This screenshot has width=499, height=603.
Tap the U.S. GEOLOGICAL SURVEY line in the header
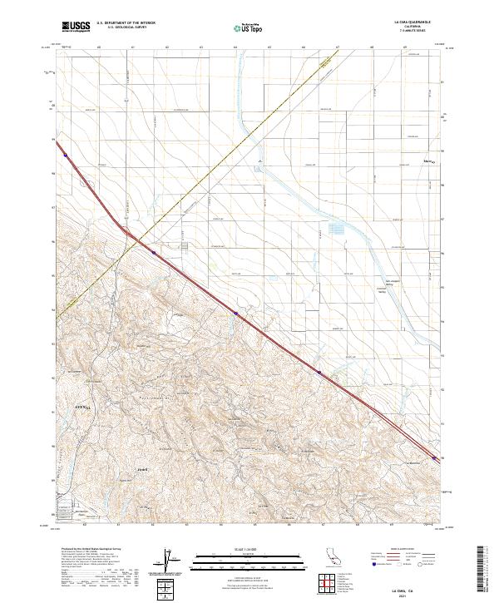click(121, 28)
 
